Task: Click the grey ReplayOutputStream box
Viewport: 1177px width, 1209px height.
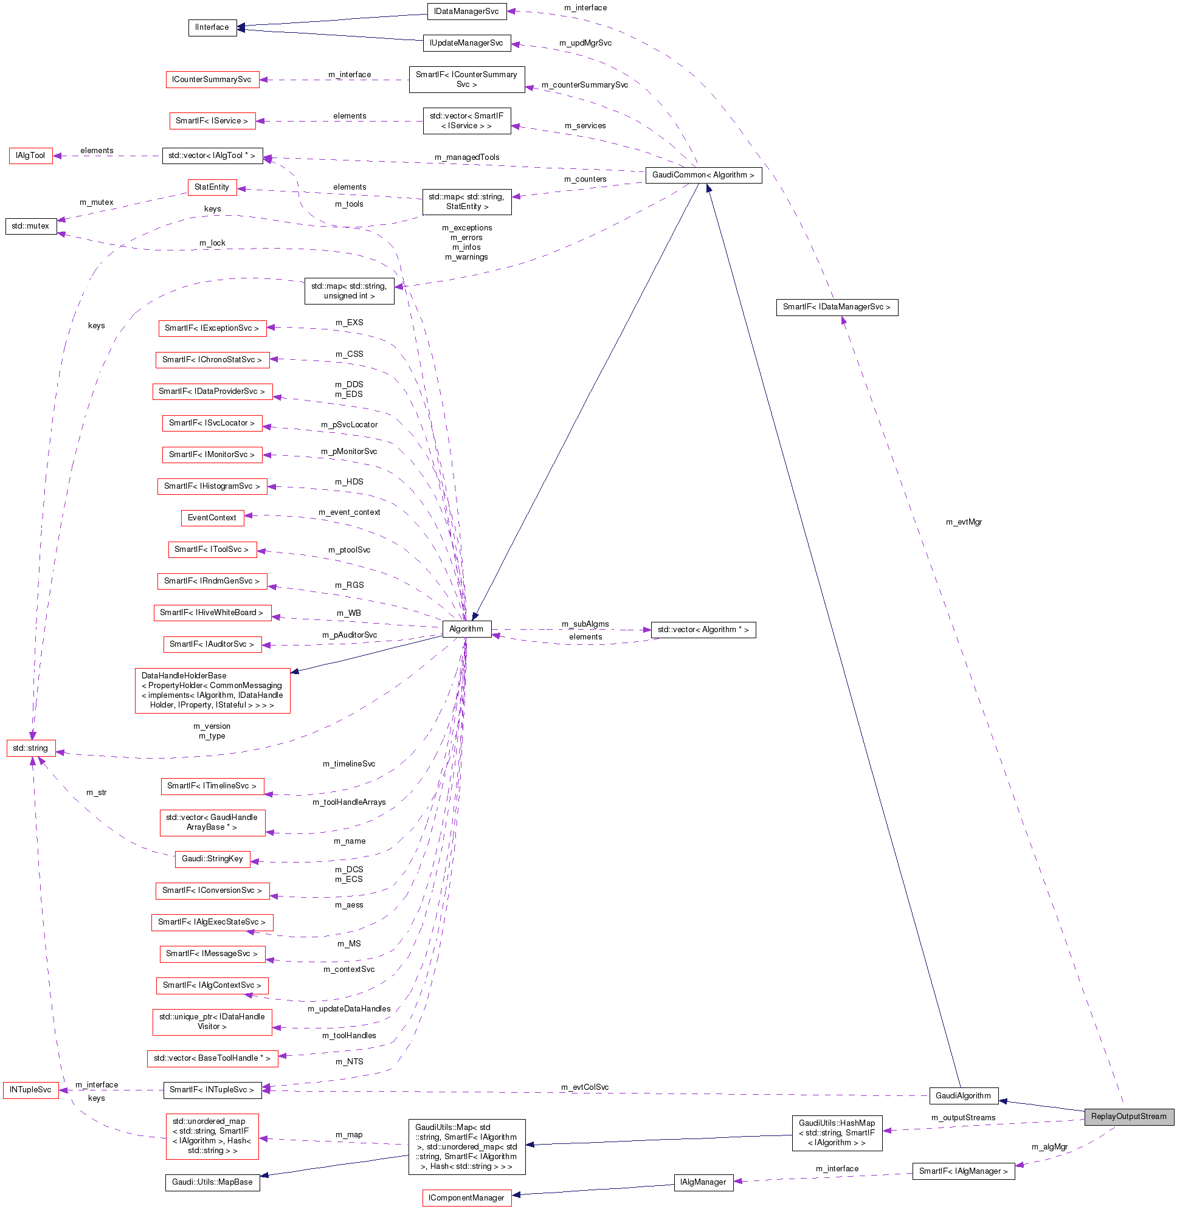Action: (1128, 1116)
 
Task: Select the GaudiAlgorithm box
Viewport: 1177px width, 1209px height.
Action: (963, 1096)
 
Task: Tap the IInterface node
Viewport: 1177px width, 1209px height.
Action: (212, 27)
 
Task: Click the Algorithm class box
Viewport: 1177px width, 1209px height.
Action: (467, 629)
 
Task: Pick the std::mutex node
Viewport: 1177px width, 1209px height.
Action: (30, 226)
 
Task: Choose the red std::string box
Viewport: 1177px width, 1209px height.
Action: (30, 748)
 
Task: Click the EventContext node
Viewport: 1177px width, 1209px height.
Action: (212, 518)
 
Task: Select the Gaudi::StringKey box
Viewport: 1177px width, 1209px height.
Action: (212, 859)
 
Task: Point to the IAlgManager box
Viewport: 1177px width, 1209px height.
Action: (703, 1182)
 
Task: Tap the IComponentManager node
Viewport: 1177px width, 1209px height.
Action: (467, 1198)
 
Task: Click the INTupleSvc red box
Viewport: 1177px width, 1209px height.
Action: (30, 1090)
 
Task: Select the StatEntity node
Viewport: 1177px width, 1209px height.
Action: (212, 187)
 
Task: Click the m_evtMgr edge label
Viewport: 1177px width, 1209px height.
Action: (964, 522)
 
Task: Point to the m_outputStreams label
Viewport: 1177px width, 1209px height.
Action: (963, 1118)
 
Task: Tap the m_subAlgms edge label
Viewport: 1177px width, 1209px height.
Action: (585, 624)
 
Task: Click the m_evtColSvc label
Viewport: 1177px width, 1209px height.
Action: (585, 1087)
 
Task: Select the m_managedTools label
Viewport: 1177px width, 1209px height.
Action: (467, 157)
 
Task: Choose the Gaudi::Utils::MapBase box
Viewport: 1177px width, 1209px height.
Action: (212, 1182)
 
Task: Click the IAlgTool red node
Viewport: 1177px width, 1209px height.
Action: (30, 156)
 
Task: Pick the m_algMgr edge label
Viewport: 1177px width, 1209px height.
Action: (1050, 1147)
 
